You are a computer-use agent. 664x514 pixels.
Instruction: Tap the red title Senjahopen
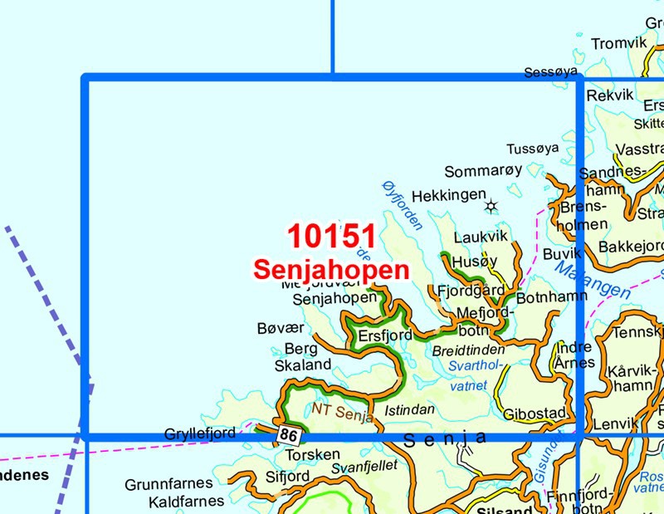[332, 270]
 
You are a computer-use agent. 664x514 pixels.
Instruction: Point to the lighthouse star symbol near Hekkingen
[491, 205]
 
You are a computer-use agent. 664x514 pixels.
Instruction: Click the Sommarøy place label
[484, 171]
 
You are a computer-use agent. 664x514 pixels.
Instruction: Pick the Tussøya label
[532, 149]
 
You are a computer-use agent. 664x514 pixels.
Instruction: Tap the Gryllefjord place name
[200, 433]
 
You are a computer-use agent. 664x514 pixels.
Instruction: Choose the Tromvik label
[618, 43]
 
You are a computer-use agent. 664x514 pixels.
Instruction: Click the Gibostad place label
[535, 413]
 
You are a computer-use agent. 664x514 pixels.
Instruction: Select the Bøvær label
[277, 330]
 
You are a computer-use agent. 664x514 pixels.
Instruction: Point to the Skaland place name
[302, 365]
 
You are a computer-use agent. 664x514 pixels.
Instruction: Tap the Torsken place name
[312, 455]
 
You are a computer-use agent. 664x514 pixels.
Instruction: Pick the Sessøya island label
[550, 73]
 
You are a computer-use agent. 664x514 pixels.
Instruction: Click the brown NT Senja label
[343, 411]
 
